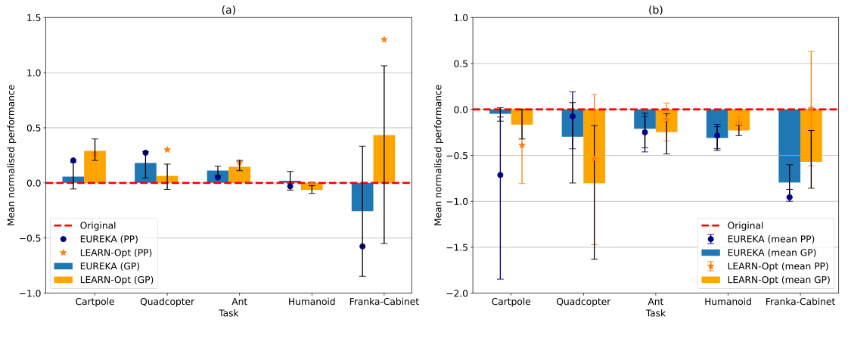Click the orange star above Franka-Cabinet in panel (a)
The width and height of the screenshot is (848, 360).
pos(384,39)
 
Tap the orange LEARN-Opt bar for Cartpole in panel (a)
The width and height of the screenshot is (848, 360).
pos(95,166)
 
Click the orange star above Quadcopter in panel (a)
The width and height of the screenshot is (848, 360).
pos(167,150)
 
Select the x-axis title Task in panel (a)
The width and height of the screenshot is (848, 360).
pos(228,313)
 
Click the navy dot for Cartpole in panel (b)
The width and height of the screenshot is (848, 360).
pos(500,175)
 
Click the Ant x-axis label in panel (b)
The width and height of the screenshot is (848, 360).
pos(656,302)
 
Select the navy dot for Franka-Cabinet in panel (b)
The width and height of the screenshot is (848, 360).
pos(790,197)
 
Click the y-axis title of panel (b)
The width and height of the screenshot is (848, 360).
pos(439,154)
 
